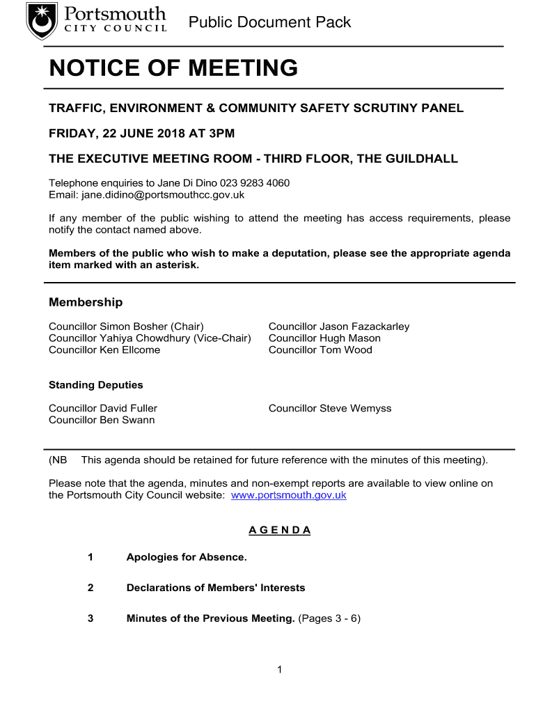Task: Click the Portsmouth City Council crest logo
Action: coord(42,21)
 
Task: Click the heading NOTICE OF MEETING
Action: coord(173,68)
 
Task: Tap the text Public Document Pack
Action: coord(270,22)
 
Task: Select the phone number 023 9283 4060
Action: coord(255,183)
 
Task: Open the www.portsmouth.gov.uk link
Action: coord(288,495)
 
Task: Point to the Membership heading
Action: coord(86,302)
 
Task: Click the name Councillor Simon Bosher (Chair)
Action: coord(126,327)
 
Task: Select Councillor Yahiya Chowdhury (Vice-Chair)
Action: coord(150,338)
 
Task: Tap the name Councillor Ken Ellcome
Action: coord(104,350)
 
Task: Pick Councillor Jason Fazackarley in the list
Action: coord(339,327)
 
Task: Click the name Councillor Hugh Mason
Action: coord(324,338)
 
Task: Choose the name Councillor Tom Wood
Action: coord(320,350)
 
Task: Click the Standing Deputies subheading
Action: coord(96,385)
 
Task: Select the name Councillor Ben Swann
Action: coord(102,421)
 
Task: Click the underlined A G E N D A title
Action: coord(280,530)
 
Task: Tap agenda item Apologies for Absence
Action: coord(187,557)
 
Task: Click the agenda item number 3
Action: coord(90,618)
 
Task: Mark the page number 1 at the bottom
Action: coord(279,670)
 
